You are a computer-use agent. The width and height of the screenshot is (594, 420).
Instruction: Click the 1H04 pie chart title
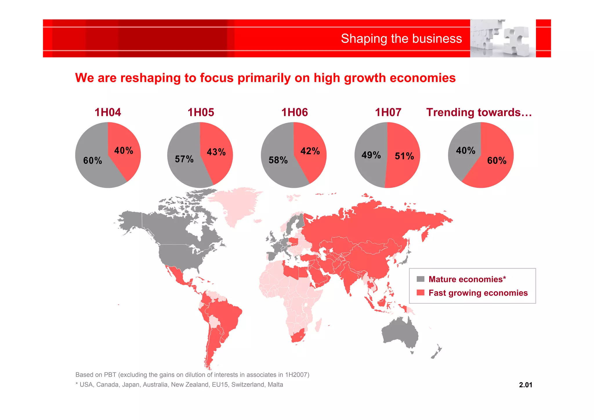(108, 112)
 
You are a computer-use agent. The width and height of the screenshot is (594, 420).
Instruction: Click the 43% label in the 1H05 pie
(216, 152)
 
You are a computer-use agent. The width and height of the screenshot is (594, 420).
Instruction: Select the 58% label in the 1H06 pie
(278, 160)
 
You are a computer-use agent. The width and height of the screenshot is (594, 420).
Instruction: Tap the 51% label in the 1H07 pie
(404, 156)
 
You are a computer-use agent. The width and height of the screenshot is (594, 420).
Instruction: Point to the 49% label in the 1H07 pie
(371, 155)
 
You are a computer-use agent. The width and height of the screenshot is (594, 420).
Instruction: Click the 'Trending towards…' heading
(479, 112)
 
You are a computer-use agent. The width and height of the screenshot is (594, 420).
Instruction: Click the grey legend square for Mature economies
(420, 279)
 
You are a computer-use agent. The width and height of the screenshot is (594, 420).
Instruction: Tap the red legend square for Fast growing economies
(420, 293)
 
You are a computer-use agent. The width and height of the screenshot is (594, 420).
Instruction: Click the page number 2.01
(525, 385)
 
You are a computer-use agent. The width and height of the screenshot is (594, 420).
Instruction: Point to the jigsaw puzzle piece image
(503, 38)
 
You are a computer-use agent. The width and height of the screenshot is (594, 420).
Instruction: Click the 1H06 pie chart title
(294, 112)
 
